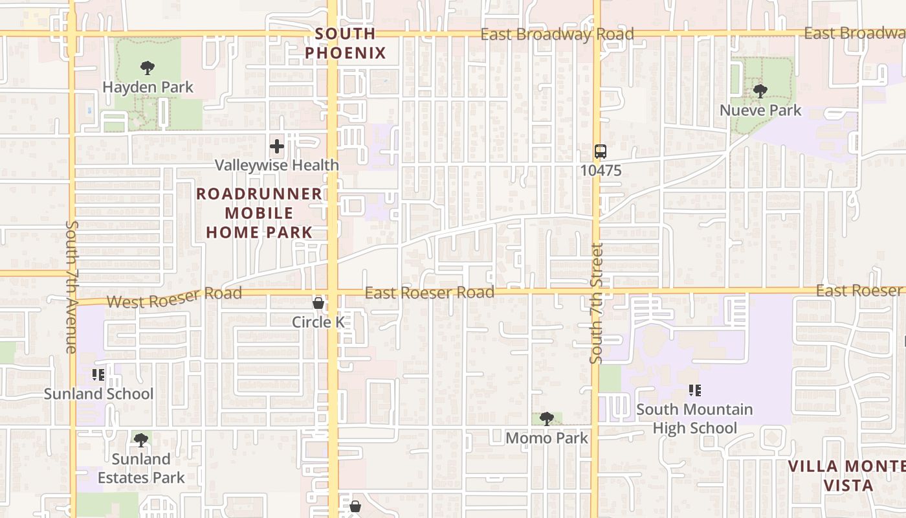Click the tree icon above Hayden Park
coord(148,67)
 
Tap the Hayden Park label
coord(148,87)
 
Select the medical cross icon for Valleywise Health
coord(277,146)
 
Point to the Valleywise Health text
coord(276,165)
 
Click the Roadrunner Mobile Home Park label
coord(259,212)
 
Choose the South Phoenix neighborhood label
coord(345,43)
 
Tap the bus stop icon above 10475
coord(601,152)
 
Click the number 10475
coord(601,170)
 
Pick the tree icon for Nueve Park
coord(760,91)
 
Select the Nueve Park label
coord(760,110)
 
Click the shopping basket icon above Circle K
coord(318,303)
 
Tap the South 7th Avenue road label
coord(71,287)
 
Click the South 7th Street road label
coord(596,303)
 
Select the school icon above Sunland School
coord(98,375)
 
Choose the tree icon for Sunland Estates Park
coord(140,441)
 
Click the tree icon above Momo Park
coord(547,419)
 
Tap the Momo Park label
coord(547,438)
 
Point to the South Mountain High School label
coord(694,418)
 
